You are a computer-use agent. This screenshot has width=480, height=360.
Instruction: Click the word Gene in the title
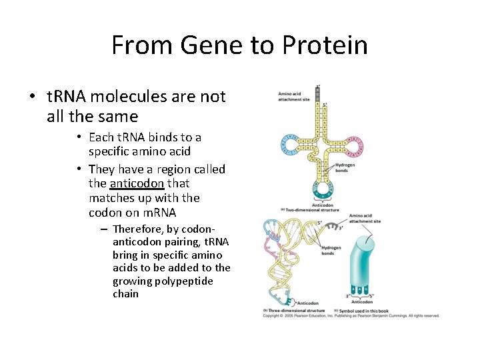204,45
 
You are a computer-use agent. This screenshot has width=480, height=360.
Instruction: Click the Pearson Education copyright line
350,315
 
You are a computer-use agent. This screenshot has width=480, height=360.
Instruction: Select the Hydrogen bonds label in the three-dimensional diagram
329,251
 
